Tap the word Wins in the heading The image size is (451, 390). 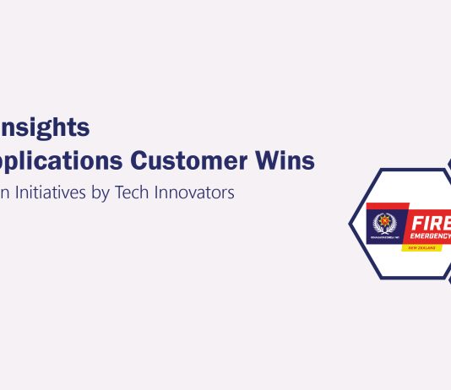click(x=294, y=160)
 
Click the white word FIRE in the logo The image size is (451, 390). click(x=430, y=222)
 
